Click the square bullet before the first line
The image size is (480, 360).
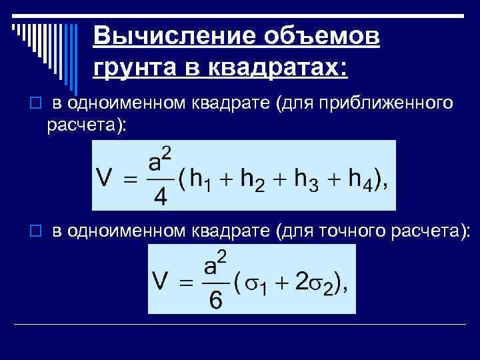(36, 104)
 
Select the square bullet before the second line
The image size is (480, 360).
(36, 231)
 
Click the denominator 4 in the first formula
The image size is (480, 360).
(160, 198)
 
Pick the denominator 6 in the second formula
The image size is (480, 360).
(216, 300)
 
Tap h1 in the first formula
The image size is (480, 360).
(202, 179)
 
